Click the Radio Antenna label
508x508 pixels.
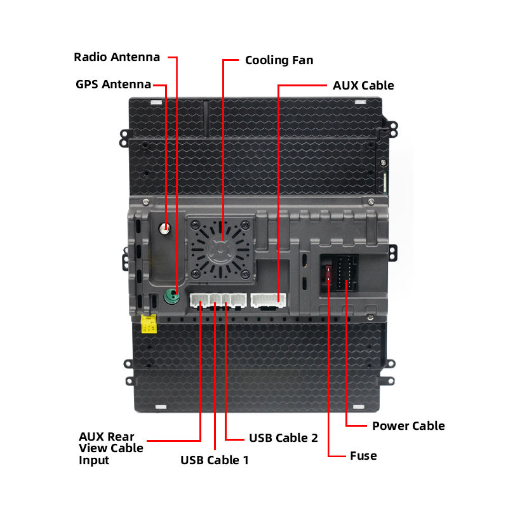pyautogui.click(x=117, y=57)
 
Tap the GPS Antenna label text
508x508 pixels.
pyautogui.click(x=113, y=84)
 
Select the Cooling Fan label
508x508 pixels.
pyautogui.click(x=279, y=61)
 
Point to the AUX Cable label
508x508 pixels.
pyautogui.click(x=363, y=86)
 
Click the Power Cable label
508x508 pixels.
pyautogui.click(x=408, y=426)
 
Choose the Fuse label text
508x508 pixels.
pyautogui.click(x=363, y=456)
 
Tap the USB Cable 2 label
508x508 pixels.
pyautogui.click(x=283, y=438)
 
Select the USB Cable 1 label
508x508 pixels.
pyautogui.click(x=215, y=460)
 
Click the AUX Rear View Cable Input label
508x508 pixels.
pyautogui.click(x=110, y=448)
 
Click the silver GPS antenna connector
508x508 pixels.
pyautogui.click(x=166, y=228)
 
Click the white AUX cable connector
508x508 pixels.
pyautogui.click(x=269, y=300)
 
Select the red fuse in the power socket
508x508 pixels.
pyautogui.click(x=328, y=274)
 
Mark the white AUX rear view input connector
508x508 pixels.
pyautogui.click(x=199, y=300)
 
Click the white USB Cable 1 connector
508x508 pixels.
pyautogui.click(x=218, y=300)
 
